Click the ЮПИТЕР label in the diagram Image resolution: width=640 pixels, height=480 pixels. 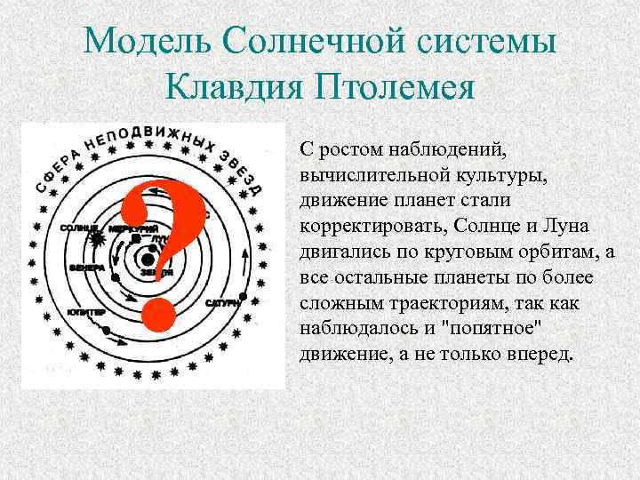(x=85, y=312)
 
